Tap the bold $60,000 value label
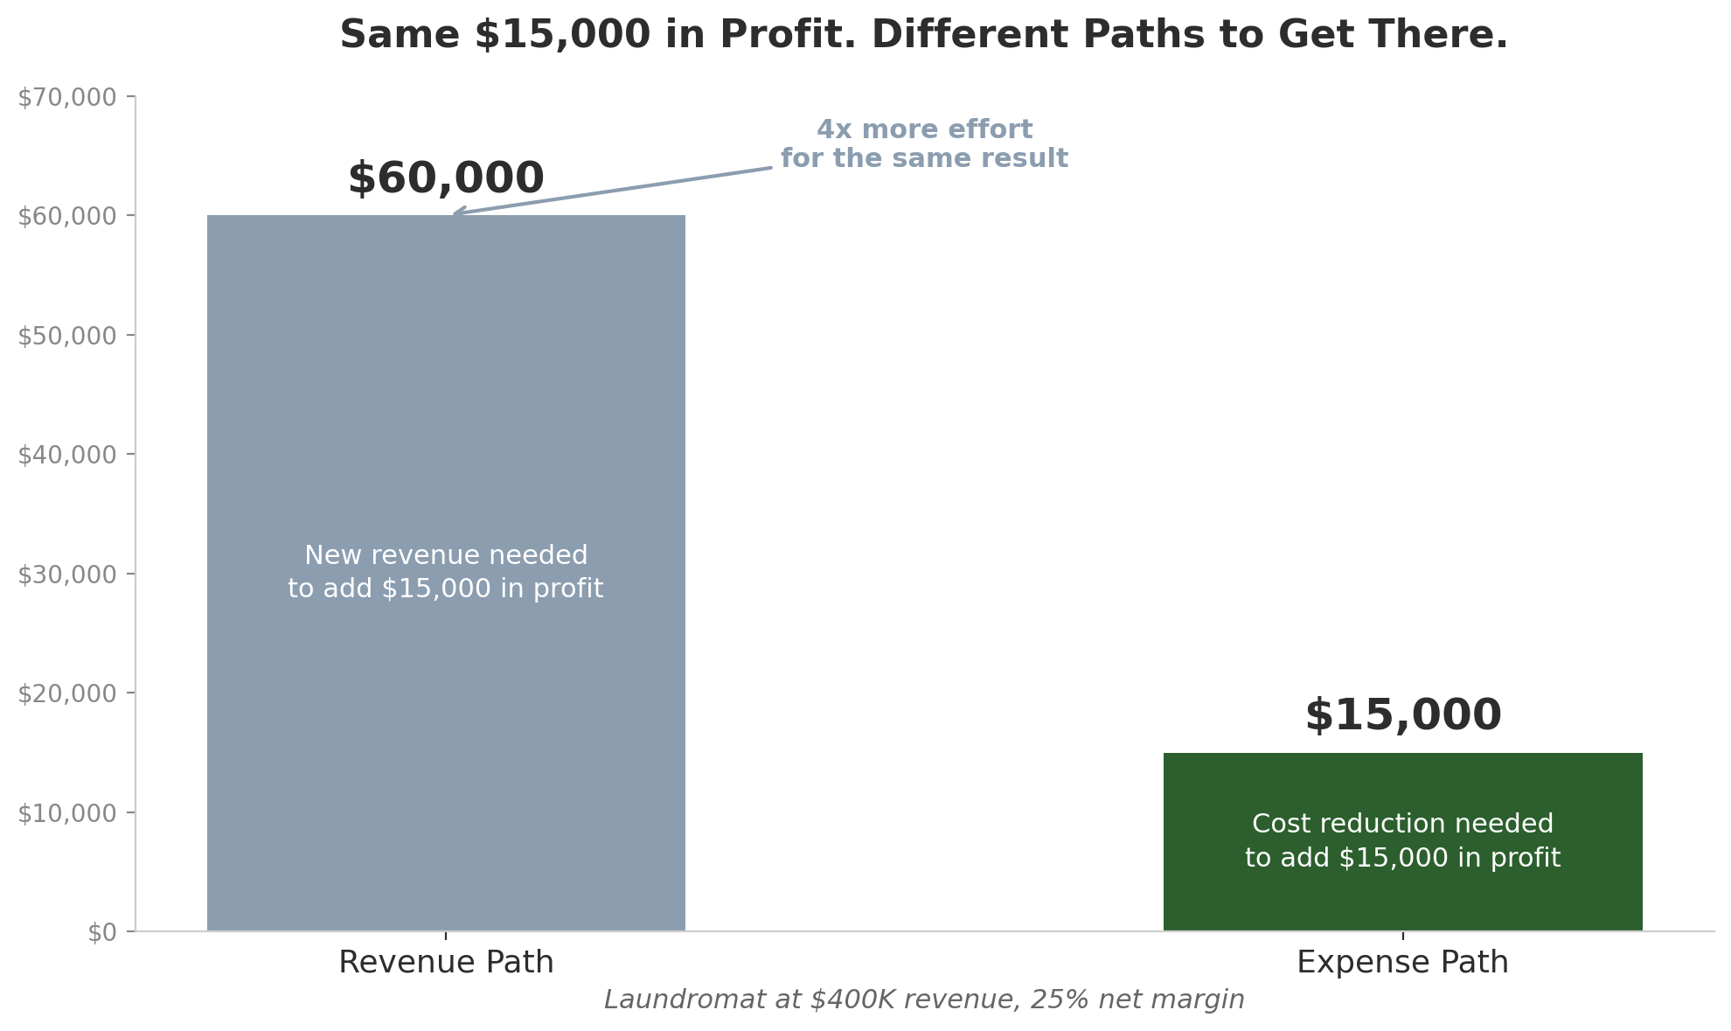click(x=446, y=179)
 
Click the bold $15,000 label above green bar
click(x=1402, y=716)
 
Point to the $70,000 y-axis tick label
click(x=67, y=97)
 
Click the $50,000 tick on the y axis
click(x=67, y=336)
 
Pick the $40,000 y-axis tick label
click(x=67, y=455)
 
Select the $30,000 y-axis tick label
click(x=67, y=575)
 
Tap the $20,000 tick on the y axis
click(x=67, y=693)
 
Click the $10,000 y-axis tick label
click(x=67, y=813)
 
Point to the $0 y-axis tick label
click(x=102, y=932)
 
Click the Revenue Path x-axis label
click(x=446, y=963)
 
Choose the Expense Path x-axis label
click(x=1402, y=963)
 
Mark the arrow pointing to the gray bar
click(x=612, y=190)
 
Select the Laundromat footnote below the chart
click(x=924, y=1000)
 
